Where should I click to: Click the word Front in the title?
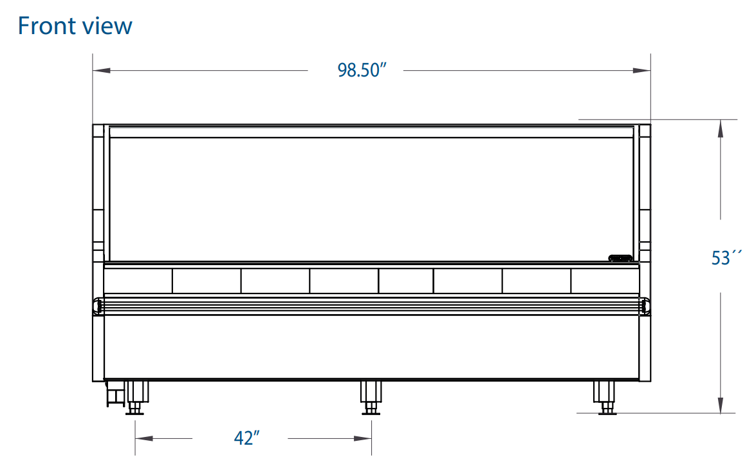tap(46, 26)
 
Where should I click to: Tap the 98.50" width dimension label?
tap(362, 70)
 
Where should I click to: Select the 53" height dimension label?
tap(726, 258)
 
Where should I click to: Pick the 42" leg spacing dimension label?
tap(246, 438)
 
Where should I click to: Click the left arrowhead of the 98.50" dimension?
tap(102, 70)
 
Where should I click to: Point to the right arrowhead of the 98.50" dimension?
tap(641, 70)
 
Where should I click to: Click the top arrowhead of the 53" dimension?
tap(721, 128)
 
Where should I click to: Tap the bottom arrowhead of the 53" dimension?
tap(721, 405)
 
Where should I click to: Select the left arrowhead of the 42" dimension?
tap(144, 438)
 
